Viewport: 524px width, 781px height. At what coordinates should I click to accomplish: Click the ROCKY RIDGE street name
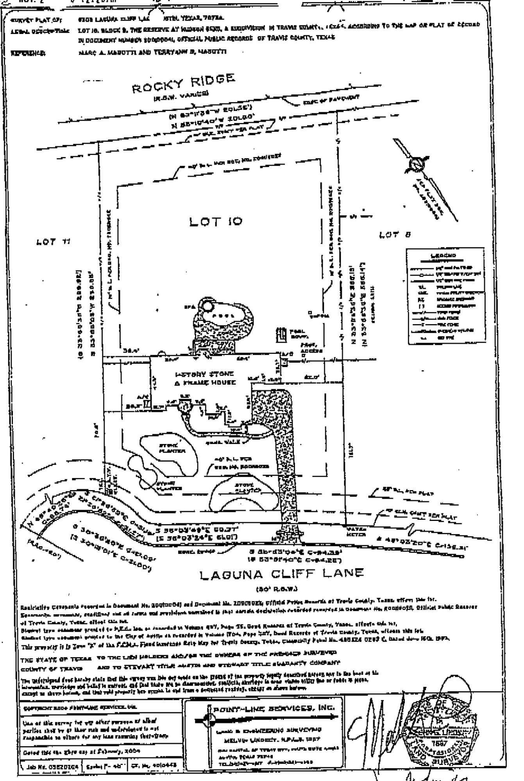[183, 84]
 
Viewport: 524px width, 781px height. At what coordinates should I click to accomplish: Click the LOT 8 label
[395, 235]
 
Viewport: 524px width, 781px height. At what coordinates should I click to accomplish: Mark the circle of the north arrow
[416, 165]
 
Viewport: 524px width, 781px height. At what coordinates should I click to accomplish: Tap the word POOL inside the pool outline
[224, 316]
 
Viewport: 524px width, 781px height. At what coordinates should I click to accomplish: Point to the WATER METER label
[356, 532]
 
